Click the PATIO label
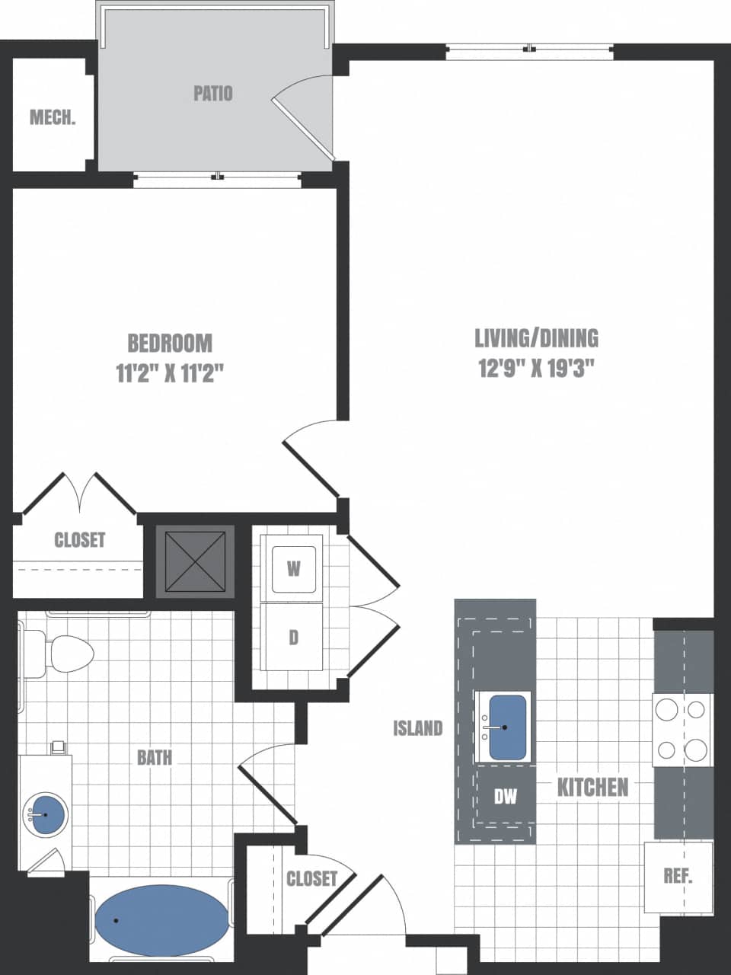[213, 94]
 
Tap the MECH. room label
[53, 117]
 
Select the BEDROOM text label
[170, 343]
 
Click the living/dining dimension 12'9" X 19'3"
[536, 369]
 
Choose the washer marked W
[293, 567]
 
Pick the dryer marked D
[293, 638]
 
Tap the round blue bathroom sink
[45, 814]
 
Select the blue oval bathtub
[161, 920]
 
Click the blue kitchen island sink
[507, 727]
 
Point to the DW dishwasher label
[505, 797]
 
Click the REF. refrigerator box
[678, 876]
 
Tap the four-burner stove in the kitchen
[682, 730]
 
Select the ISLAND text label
[417, 728]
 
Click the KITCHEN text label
[592, 787]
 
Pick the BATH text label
[155, 757]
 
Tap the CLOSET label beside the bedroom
[80, 540]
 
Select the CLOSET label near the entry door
[311, 878]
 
